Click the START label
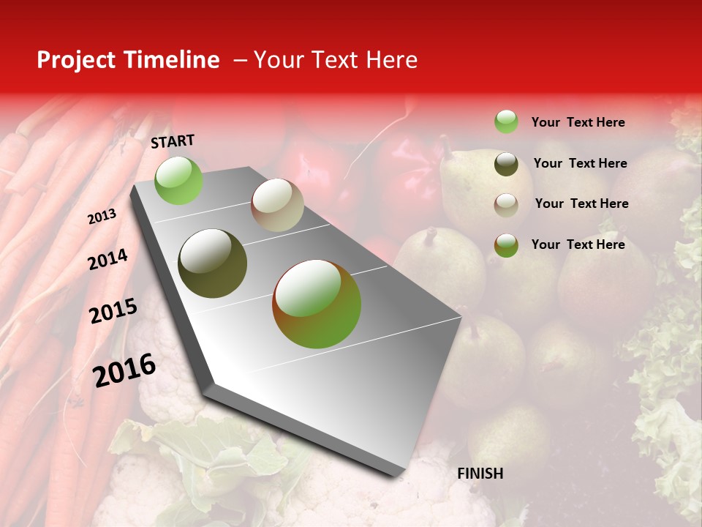(x=173, y=141)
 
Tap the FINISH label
(x=480, y=474)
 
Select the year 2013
(x=102, y=217)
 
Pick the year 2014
(x=107, y=259)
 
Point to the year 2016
(x=124, y=370)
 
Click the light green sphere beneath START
(x=178, y=180)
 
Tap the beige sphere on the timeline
(x=277, y=205)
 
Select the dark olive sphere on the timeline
(x=213, y=263)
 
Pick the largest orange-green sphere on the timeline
(x=317, y=304)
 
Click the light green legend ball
(x=505, y=122)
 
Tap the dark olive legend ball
(x=505, y=164)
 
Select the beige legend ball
(x=505, y=205)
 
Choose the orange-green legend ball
(x=505, y=245)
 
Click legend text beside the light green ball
(x=578, y=122)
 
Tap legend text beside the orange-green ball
(x=578, y=244)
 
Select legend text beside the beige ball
(x=581, y=203)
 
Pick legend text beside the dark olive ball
(x=580, y=163)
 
